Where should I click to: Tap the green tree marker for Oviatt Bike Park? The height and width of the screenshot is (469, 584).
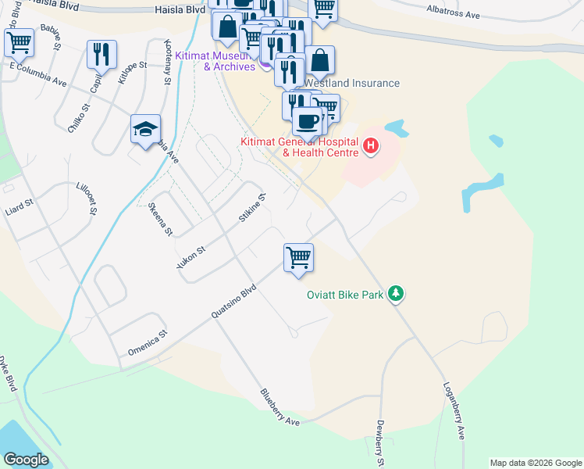pos(397,294)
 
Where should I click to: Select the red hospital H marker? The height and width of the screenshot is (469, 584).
pos(371,145)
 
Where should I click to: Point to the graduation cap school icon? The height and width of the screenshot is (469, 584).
pos(145,129)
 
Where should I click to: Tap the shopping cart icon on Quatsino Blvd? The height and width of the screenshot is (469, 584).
pos(298,257)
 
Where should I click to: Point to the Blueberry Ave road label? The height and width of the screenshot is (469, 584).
pos(280,407)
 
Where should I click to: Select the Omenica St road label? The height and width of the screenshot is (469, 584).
pos(148,344)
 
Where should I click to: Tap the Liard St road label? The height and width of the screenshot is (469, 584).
pos(19,206)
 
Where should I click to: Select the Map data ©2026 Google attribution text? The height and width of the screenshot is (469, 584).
pos(536,463)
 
